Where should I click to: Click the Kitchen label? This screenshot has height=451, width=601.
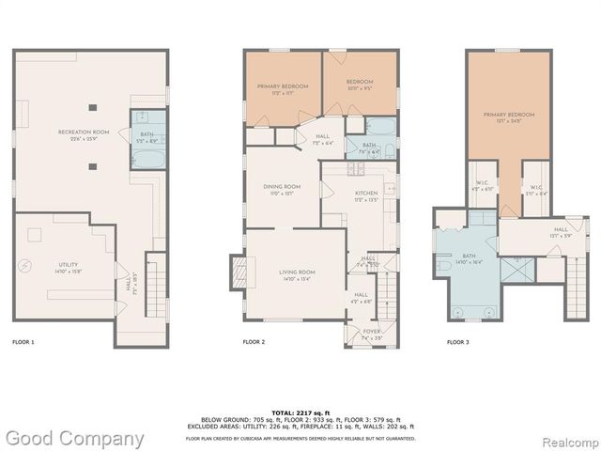[x=365, y=195]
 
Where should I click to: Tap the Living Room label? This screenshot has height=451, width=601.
[x=297, y=274]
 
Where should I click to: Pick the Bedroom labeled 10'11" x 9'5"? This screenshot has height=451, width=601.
[x=360, y=85]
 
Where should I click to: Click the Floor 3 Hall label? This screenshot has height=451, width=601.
[x=561, y=230]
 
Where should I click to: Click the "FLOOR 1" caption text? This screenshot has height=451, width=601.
[x=23, y=342]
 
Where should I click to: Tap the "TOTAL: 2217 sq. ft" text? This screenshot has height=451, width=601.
[x=300, y=412]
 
